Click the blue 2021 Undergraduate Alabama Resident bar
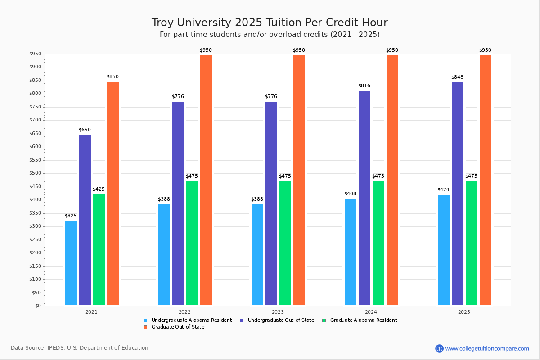coord(71,263)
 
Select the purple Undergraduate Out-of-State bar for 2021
coord(85,220)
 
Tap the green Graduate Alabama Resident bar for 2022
coord(192,243)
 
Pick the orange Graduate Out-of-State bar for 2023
coord(299,180)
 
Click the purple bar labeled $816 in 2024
coord(364,198)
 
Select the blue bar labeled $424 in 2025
coord(444,250)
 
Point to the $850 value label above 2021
coord(112,77)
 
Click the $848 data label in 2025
coord(457,77)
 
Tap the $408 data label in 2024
coord(351,194)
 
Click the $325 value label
coord(71,216)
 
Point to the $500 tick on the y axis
coord(35,173)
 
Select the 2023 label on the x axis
coord(278,312)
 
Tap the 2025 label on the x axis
coord(464,312)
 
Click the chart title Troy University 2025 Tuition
coord(270,22)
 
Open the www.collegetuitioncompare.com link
coord(487,348)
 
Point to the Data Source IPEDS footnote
coord(80,348)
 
